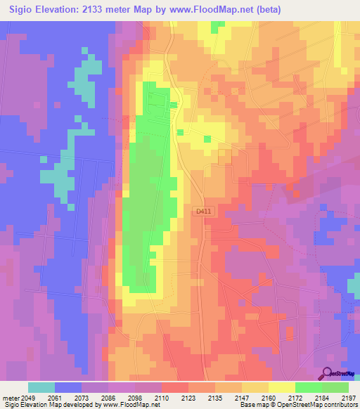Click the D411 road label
(x=204, y=211)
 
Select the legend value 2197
(x=349, y=396)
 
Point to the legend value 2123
(x=189, y=396)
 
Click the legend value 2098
(x=136, y=396)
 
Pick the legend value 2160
(x=269, y=396)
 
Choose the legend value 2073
(x=82, y=396)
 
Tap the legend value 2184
(x=322, y=396)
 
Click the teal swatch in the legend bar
(x=41, y=387)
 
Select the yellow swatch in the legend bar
(x=281, y=387)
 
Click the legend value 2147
(x=243, y=396)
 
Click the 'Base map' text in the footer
(x=251, y=405)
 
